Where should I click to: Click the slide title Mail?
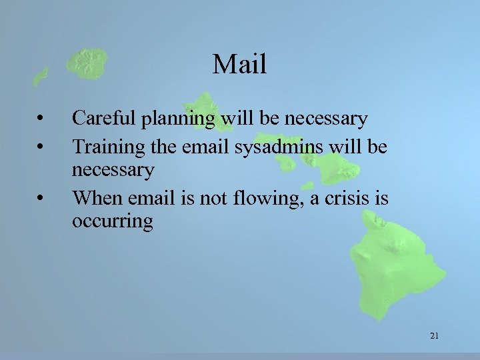[x=239, y=65]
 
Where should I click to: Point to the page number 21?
[x=434, y=336]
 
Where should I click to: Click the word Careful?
[x=101, y=119]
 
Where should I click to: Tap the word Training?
[x=105, y=146]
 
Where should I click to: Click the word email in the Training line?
[x=205, y=145]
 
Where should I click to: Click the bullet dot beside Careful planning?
[x=41, y=120]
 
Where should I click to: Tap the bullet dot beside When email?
[x=41, y=197]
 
